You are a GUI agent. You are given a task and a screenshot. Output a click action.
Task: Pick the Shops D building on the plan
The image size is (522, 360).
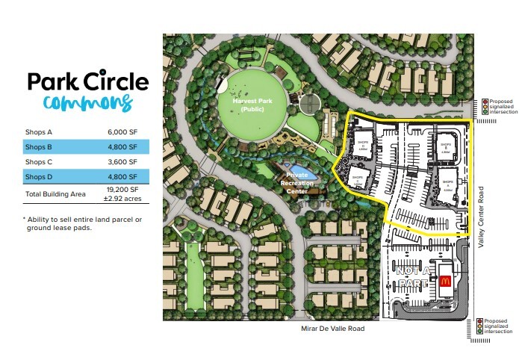(363, 144)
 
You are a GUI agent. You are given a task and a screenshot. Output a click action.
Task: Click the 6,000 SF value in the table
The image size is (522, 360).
(122, 132)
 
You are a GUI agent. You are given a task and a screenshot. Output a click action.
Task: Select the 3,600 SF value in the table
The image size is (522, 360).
(122, 161)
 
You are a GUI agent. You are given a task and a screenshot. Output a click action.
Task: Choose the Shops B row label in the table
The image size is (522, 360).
(39, 147)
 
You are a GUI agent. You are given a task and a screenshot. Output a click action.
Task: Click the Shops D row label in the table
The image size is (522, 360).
(39, 176)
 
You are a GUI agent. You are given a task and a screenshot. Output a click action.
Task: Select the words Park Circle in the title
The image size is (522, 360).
(87, 81)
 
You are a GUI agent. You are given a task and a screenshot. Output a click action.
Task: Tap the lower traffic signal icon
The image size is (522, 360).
(485, 326)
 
